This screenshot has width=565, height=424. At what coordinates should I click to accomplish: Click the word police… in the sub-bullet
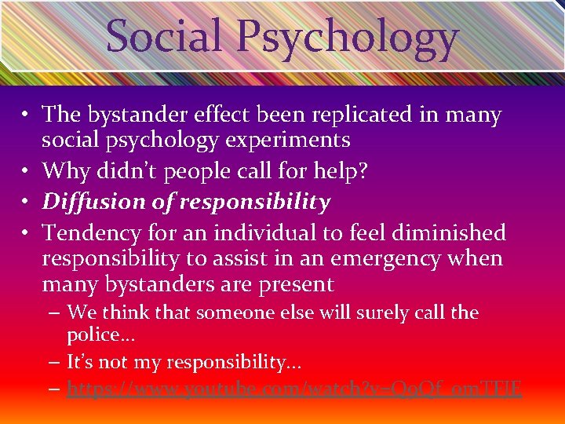tap(99, 336)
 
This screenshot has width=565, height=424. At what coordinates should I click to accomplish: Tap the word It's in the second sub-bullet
tap(82, 362)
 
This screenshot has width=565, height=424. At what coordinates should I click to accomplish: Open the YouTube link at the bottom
tap(294, 388)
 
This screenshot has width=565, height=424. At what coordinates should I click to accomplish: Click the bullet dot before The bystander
tap(27, 115)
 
